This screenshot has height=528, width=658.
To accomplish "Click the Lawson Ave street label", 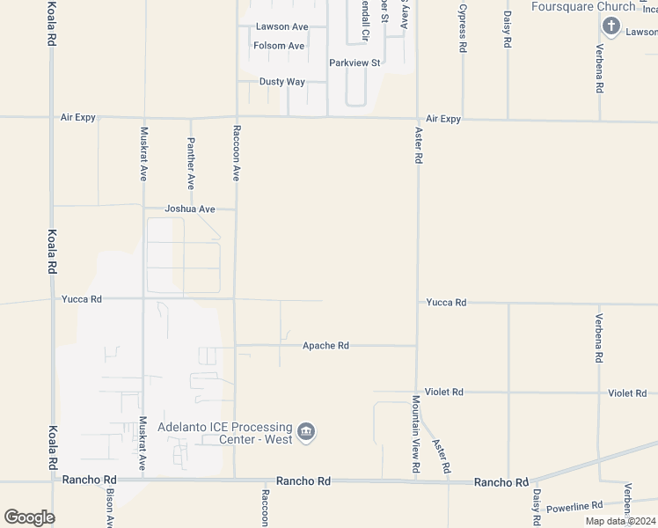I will pyautogui.click(x=281, y=27).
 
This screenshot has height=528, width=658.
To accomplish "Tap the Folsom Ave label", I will pyautogui.click(x=279, y=46).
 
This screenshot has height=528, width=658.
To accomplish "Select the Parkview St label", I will pyautogui.click(x=355, y=63).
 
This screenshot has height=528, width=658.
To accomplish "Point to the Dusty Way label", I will pyautogui.click(x=281, y=82).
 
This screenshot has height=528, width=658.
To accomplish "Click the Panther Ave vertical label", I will pyautogui.click(x=190, y=164).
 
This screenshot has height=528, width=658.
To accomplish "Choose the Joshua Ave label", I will pyautogui.click(x=190, y=209).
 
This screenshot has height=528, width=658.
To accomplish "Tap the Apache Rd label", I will pyautogui.click(x=325, y=346).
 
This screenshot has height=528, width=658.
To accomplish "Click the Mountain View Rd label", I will pyautogui.click(x=415, y=436).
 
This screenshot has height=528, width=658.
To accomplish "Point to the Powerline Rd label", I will pyautogui.click(x=574, y=506).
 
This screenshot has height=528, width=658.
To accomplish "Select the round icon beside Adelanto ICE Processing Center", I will pyautogui.click(x=306, y=432).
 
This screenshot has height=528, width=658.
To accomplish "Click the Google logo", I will pyautogui.click(x=29, y=517).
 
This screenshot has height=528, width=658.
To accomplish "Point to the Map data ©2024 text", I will pyautogui.click(x=621, y=521).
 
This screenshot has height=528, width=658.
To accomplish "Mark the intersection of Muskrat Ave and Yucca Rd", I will pyautogui.click(x=143, y=299).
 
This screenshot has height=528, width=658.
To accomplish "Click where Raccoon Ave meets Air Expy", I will pyautogui.click(x=236, y=116).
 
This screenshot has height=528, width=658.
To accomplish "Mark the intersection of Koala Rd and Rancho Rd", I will pyautogui.click(x=52, y=480).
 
